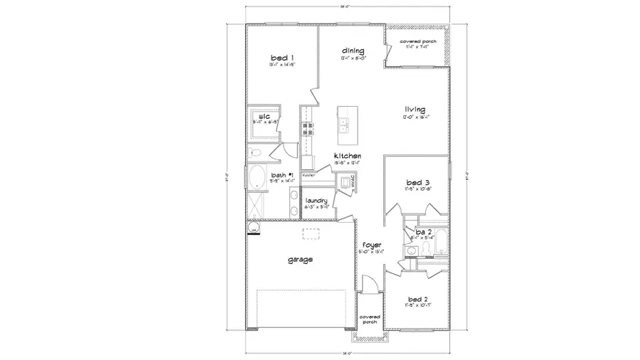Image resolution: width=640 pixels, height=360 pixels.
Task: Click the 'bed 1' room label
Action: pos(282,58)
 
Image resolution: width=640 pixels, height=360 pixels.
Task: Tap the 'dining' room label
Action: pos(353,51)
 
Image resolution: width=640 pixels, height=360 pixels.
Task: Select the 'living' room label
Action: pos(415,110)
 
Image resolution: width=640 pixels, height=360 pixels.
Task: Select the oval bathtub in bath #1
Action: pos(257,178)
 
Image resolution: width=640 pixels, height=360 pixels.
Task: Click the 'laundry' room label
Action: pos(316,201)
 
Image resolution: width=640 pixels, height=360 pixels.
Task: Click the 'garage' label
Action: pos(300,260)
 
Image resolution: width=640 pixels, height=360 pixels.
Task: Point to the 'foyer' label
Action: pos(372,245)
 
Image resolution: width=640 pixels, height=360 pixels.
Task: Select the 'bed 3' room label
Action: pos(417,183)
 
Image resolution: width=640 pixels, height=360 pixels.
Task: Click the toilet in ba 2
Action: pos(426,247)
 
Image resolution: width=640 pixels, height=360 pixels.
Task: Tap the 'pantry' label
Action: pos(308,174)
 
